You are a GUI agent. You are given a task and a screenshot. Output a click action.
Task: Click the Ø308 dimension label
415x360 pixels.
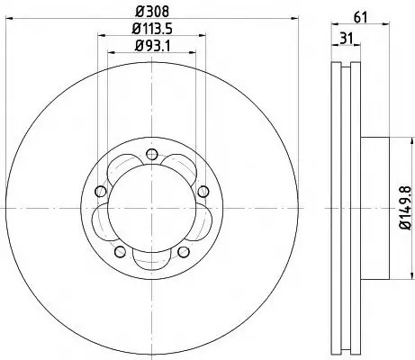tap(152, 12)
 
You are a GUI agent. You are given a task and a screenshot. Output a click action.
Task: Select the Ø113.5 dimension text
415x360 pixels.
tap(152, 29)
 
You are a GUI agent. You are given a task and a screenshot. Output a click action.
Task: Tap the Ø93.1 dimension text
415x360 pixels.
tap(152, 46)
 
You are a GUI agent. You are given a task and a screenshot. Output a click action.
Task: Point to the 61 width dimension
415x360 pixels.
tap(360, 18)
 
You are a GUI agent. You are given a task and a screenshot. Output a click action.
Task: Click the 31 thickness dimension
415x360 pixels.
tap(346, 39)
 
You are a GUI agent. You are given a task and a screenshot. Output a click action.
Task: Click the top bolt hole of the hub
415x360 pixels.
tap(152, 155)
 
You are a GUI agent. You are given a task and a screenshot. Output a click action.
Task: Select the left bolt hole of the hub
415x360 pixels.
tap(101, 191)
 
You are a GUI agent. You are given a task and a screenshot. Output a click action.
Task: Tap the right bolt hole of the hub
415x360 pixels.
tap(203, 191)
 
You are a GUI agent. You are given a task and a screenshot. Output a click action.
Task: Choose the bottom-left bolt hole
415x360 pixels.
tap(121, 252)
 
